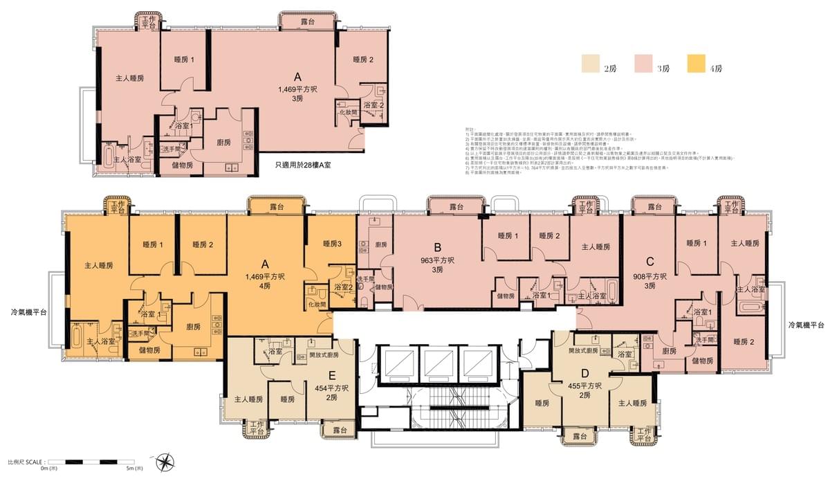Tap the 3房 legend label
pos(663,69)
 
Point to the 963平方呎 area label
pos(437,261)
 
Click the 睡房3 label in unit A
pos(332,244)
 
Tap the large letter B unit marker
pos(437,247)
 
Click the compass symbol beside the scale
pos(165,461)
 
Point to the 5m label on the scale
pos(134,469)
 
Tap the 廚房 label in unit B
pos(381,244)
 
